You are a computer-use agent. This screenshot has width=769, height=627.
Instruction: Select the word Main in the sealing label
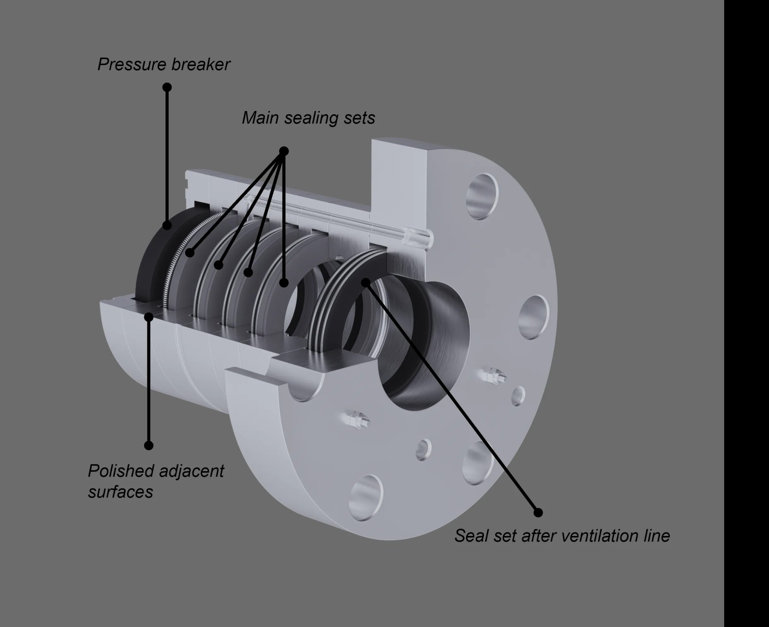260,118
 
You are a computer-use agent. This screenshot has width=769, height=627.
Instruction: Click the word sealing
309,118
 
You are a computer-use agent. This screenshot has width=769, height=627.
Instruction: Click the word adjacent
191,471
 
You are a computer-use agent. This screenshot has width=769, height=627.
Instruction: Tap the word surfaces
121,492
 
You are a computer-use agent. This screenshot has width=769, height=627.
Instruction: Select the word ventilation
600,536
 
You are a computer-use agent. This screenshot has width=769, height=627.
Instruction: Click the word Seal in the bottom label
471,536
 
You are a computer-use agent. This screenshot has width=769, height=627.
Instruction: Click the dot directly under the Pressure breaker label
167,87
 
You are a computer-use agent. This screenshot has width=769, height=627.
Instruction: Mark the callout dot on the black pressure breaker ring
167,225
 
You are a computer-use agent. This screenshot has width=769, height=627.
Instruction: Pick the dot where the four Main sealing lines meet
284,151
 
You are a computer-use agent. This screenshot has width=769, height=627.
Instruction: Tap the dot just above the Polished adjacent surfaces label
149,445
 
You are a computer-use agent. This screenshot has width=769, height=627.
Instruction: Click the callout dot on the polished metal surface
149,317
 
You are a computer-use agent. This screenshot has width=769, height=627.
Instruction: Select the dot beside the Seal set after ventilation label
538,512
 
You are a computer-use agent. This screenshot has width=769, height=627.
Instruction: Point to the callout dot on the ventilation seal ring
365,282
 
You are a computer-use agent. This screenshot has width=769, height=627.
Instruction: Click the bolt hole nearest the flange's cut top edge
482,196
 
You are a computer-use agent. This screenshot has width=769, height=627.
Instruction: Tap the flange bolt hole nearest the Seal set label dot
478,463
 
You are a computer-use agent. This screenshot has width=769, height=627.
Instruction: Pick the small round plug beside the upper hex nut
518,394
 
